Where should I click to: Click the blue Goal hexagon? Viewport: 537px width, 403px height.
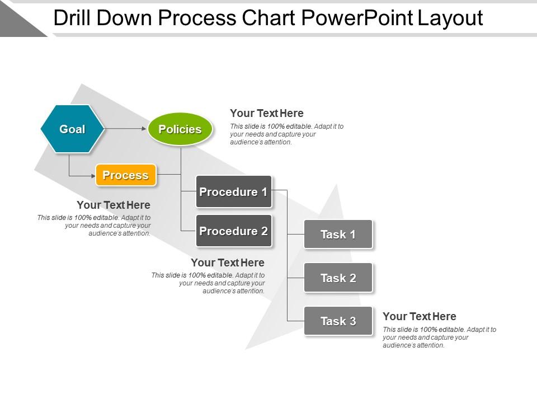[72, 129]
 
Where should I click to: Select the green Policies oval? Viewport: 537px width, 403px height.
[180, 129]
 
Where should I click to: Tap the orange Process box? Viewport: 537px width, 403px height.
[126, 175]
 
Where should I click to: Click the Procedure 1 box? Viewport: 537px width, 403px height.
[233, 192]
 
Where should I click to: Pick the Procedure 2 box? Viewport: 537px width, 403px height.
[233, 231]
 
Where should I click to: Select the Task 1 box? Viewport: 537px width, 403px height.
[338, 235]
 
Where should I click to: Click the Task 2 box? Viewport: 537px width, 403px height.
[338, 278]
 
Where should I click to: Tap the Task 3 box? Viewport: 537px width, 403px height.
[338, 321]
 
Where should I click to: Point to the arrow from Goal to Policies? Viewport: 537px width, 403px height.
[126, 129]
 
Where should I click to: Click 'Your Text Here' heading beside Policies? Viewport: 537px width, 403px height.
[267, 113]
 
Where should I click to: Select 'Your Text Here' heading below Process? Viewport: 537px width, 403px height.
[114, 205]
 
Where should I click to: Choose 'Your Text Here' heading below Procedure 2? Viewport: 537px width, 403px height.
[228, 263]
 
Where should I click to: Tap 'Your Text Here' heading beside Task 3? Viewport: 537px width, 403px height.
[420, 316]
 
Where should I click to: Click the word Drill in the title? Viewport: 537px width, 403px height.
[72, 18]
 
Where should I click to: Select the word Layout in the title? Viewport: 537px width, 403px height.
[450, 18]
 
